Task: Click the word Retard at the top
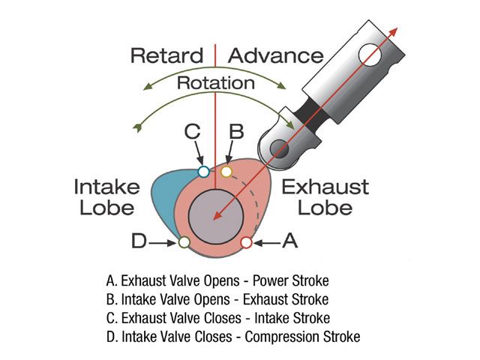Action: [x=166, y=55]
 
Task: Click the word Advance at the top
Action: [x=275, y=55]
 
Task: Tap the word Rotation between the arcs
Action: [x=215, y=83]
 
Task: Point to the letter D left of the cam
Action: [x=139, y=242]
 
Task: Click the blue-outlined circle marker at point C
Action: [x=203, y=172]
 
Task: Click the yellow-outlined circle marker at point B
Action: [x=226, y=172]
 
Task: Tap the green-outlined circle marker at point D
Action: [x=184, y=242]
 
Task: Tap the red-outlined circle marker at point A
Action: [x=246, y=242]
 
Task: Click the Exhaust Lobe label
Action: [x=325, y=196]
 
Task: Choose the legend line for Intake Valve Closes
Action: [x=233, y=336]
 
